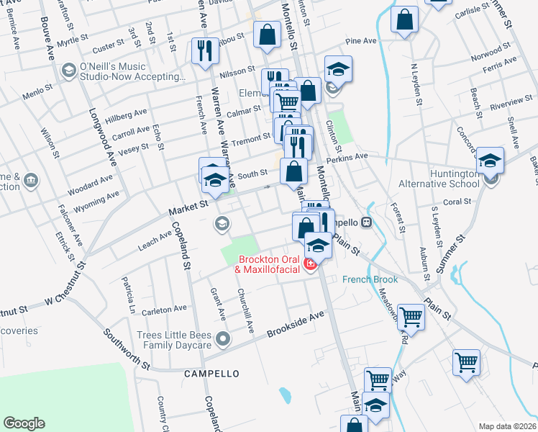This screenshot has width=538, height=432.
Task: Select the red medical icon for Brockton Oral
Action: [311, 266]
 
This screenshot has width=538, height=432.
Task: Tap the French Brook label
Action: [369, 279]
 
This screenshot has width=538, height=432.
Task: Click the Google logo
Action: [24, 423]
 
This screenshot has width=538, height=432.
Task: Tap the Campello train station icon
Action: [367, 222]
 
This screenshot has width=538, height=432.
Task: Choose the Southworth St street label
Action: [127, 349]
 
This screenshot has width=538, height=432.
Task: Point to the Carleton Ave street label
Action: [165, 310]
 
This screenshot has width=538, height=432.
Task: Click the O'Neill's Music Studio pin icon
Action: [69, 70]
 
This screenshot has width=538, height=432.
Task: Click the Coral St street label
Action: [457, 202]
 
